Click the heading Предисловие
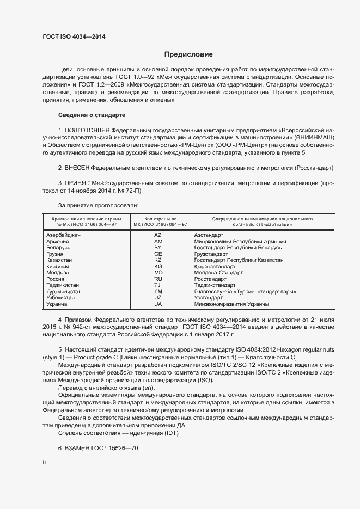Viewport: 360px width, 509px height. pyautogui.click(x=188, y=54)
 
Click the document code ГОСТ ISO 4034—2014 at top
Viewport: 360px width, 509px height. pyautogui.click(x=74, y=36)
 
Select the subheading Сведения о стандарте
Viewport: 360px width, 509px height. pyautogui.click(x=91, y=115)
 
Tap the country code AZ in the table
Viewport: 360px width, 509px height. pyautogui.click(x=158, y=235)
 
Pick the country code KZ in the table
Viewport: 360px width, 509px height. pyautogui.click(x=158, y=260)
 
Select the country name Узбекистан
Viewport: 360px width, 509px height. pyautogui.click(x=63, y=298)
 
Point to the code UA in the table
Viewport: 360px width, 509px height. pyautogui.click(x=158, y=305)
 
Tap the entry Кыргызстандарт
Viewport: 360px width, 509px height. pyautogui.click(x=215, y=267)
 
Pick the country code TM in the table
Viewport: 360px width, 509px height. pyautogui.click(x=158, y=292)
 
